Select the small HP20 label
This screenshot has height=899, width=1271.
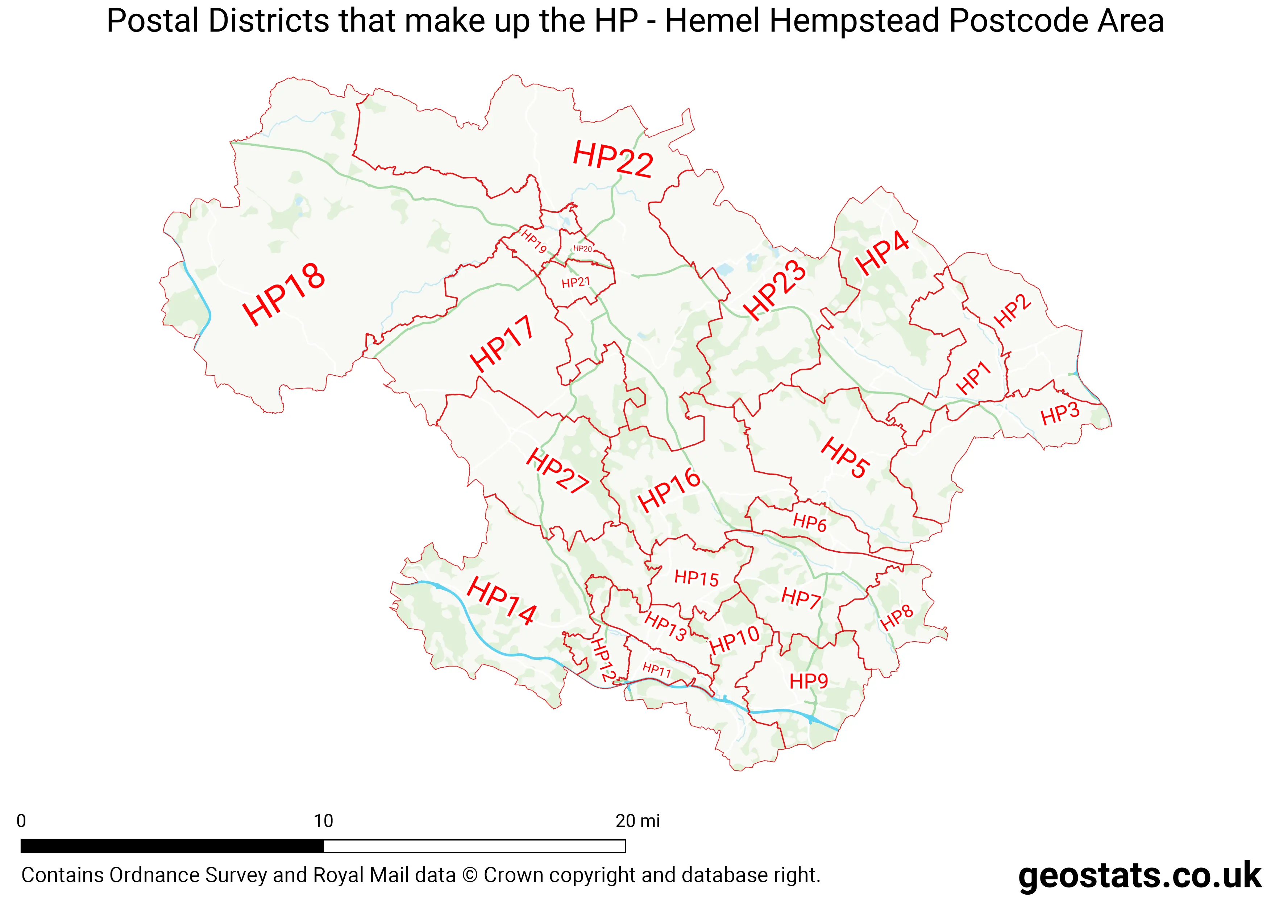click(x=582, y=249)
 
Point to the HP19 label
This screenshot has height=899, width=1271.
click(x=533, y=242)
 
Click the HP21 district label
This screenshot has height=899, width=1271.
click(x=576, y=283)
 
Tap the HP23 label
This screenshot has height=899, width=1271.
click(x=774, y=290)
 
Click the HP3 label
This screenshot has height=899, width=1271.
click(x=1060, y=414)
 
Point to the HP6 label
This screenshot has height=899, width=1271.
click(x=809, y=522)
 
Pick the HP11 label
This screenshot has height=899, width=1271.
click(x=657, y=670)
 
